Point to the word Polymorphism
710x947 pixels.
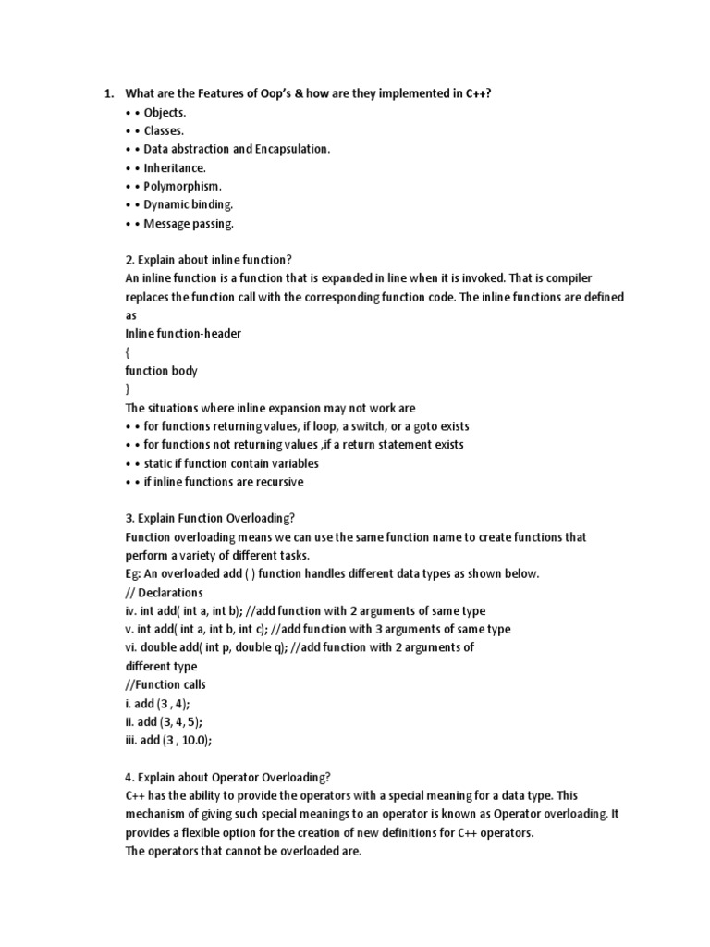point(181,186)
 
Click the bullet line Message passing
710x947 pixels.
point(188,223)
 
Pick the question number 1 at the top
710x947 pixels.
point(107,93)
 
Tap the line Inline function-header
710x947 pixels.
point(182,334)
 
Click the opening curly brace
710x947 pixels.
point(129,352)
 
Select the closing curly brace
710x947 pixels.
point(129,389)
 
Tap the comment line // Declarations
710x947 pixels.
point(164,593)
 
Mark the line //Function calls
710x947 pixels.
point(165,685)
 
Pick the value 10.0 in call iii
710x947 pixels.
point(195,741)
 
